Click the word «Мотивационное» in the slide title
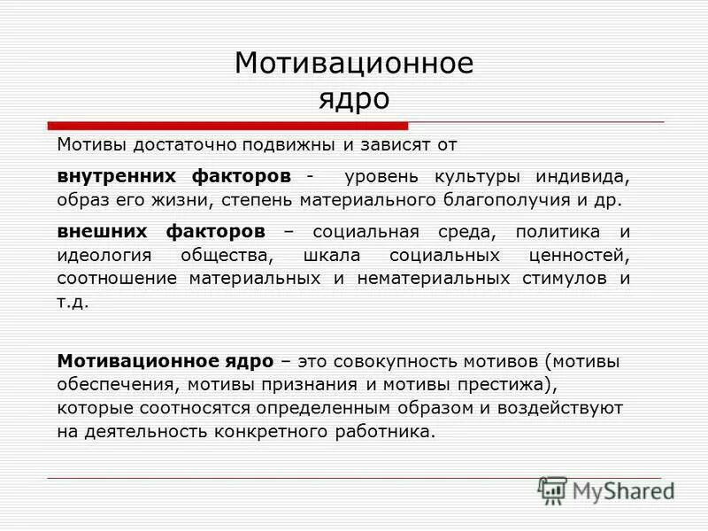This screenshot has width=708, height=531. click(354, 64)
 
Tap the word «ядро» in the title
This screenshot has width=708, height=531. click(354, 98)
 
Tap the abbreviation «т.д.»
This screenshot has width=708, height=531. click(73, 302)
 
